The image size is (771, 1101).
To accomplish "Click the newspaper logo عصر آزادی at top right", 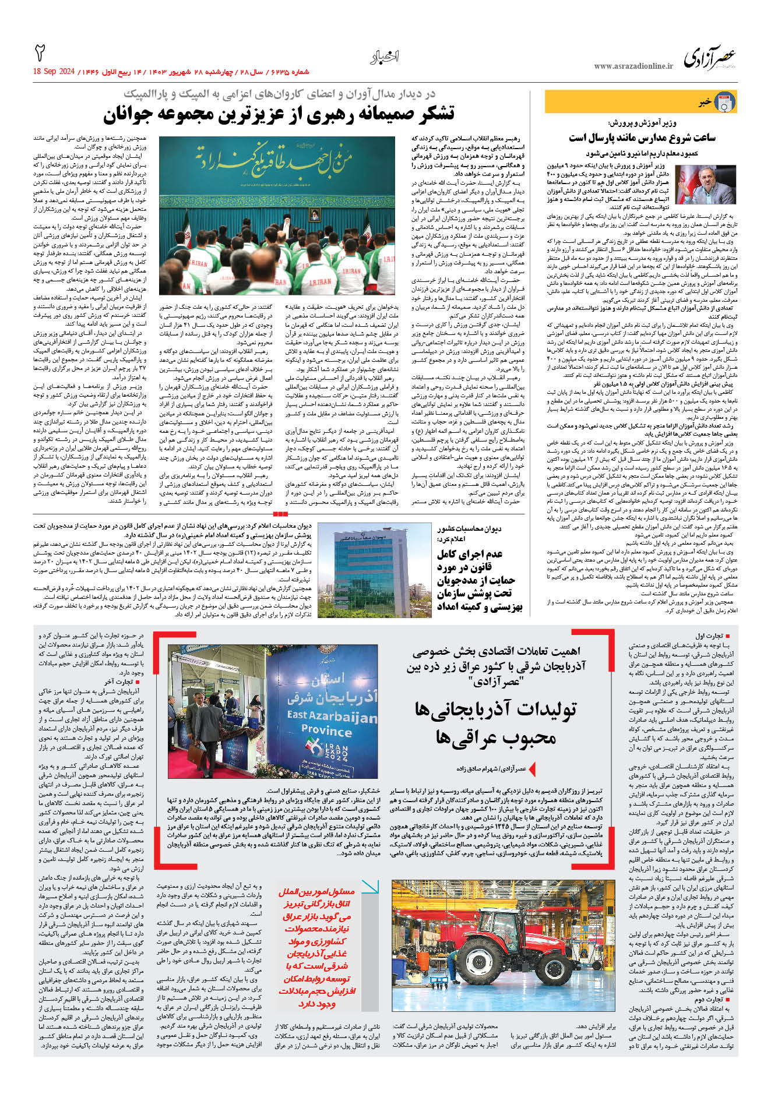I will [x=709, y=58].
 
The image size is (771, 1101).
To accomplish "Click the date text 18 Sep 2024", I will [x=54, y=72].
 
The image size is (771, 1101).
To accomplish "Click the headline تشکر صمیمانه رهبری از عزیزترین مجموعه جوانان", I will [x=279, y=114].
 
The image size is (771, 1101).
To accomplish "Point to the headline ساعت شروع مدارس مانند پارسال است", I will [x=642, y=137].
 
